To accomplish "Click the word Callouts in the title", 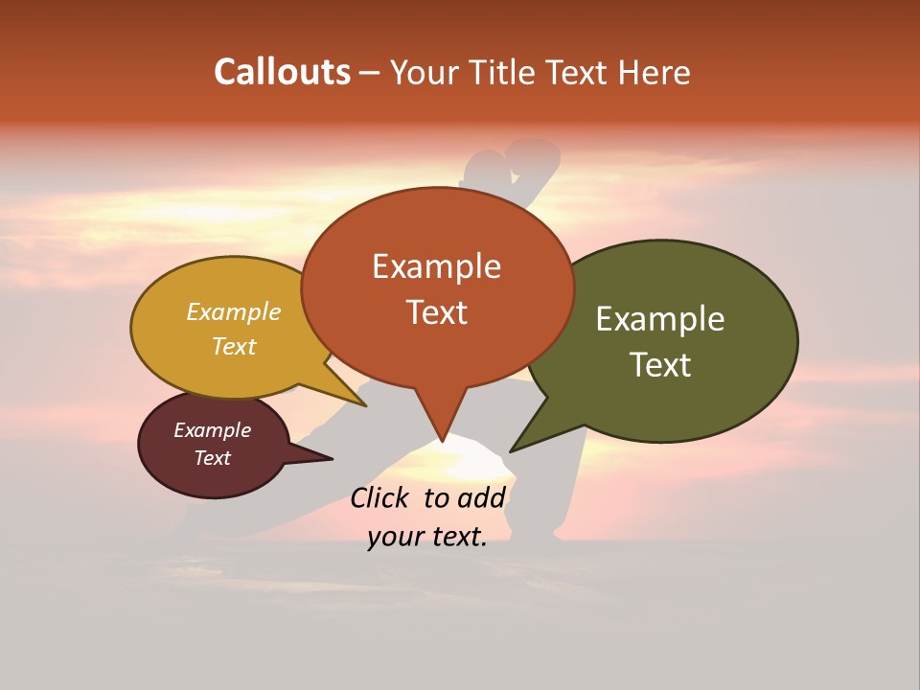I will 282,72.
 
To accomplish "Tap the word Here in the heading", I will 655,72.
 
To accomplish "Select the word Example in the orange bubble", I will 436,266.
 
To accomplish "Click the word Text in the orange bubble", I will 437,312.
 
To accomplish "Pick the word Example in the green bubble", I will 660,319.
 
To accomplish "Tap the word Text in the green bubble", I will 661,365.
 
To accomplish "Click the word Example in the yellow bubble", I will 233,311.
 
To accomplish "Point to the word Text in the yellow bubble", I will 233,346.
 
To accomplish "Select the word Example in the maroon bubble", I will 212,430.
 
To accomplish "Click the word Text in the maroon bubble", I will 212,458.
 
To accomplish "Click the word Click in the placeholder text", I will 380,497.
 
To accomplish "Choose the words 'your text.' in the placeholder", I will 426,537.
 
